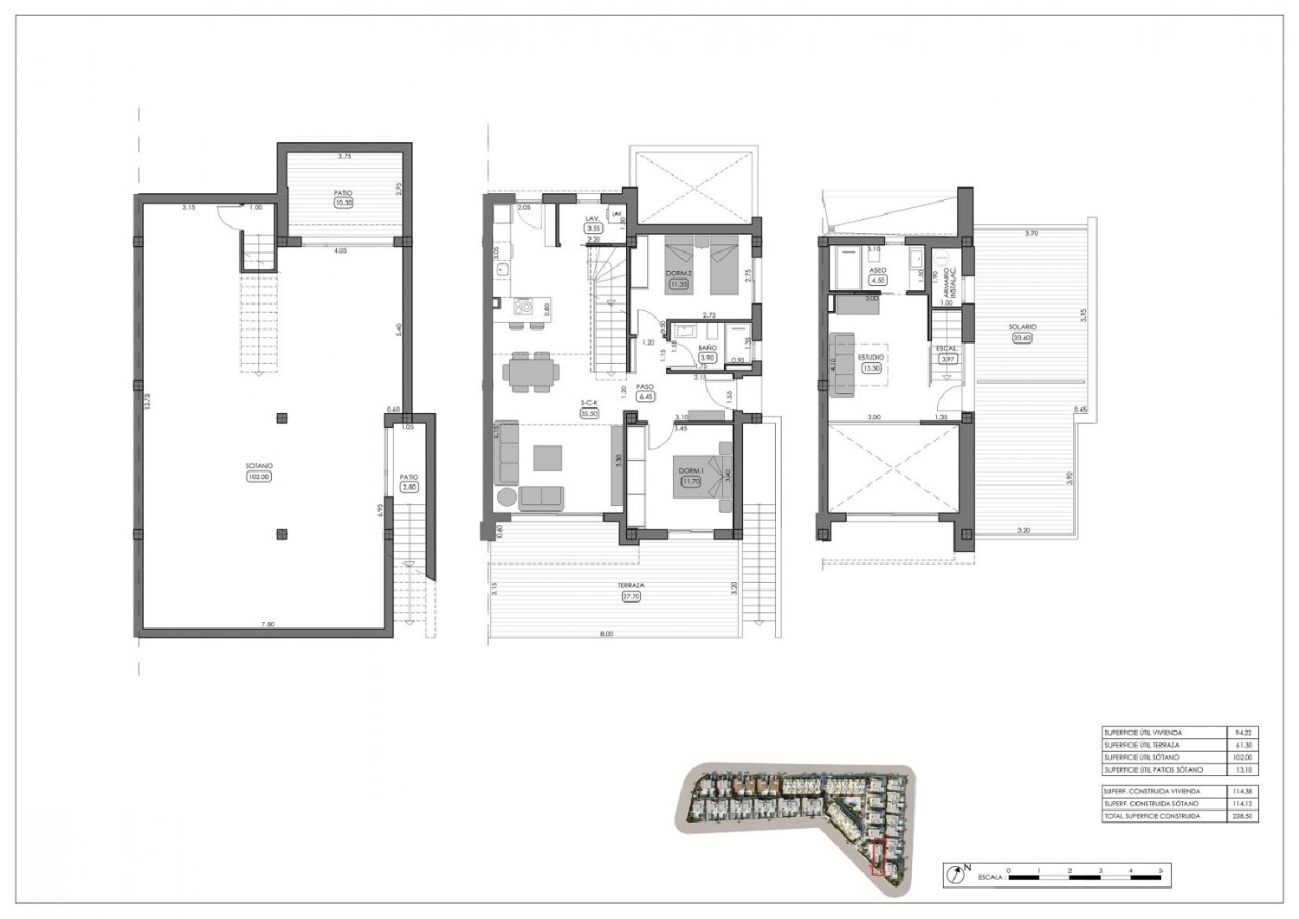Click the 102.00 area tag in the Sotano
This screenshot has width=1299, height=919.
pos(259,476)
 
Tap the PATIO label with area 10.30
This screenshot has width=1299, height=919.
pos(344,193)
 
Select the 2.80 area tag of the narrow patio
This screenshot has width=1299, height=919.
pos(410,487)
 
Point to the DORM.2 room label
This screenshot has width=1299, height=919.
pos(678,274)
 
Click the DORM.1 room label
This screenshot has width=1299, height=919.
pos(690,470)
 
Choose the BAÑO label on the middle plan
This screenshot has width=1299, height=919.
pos(708,347)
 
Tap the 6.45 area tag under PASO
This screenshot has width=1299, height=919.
pos(645,396)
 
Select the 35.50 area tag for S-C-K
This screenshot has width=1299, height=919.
pos(591,413)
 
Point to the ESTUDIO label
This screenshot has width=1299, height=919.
pos(870,356)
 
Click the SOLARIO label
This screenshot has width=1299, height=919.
pos(1023,327)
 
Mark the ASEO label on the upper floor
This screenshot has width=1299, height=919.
pos(877,270)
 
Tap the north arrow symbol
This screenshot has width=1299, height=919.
pos(955,875)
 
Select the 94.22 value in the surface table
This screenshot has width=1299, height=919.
pos(1243,733)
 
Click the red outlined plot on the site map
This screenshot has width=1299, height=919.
pos(878,858)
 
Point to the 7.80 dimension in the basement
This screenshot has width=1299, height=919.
pos(268,624)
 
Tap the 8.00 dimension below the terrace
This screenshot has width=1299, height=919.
pos(605,634)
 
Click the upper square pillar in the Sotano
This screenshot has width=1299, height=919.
pos(281,419)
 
